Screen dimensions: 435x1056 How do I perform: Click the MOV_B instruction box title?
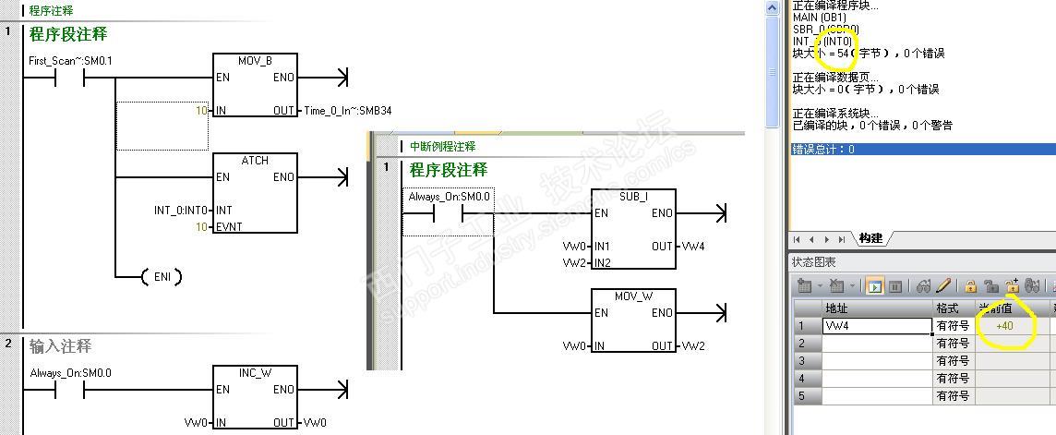pyautogui.click(x=255, y=61)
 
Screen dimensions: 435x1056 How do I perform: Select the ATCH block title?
pyautogui.click(x=255, y=160)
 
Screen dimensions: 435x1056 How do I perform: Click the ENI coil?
pyautogui.click(x=162, y=276)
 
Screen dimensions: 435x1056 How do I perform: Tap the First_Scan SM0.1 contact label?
pyautogui.click(x=71, y=61)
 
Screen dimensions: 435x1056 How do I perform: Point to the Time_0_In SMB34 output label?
pyautogui.click(x=348, y=111)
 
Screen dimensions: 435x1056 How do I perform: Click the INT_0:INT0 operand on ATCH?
pyautogui.click(x=180, y=211)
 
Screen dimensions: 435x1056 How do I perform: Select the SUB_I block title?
pyautogui.click(x=633, y=197)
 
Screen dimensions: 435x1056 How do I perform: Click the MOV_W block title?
pyautogui.click(x=633, y=296)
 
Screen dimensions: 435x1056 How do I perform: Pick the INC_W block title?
pyautogui.click(x=255, y=372)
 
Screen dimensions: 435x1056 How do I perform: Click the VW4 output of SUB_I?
pyautogui.click(x=694, y=247)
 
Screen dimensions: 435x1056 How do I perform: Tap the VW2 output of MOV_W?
pyautogui.click(x=694, y=345)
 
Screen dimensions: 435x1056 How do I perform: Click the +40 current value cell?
pyautogui.click(x=1005, y=326)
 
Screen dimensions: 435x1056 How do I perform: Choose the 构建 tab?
pyautogui.click(x=870, y=238)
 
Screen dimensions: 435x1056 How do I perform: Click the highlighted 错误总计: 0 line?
pyautogui.click(x=824, y=150)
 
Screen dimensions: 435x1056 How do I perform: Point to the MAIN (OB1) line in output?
pyautogui.click(x=819, y=18)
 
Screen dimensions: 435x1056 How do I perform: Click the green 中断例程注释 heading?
pyautogui.click(x=443, y=147)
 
